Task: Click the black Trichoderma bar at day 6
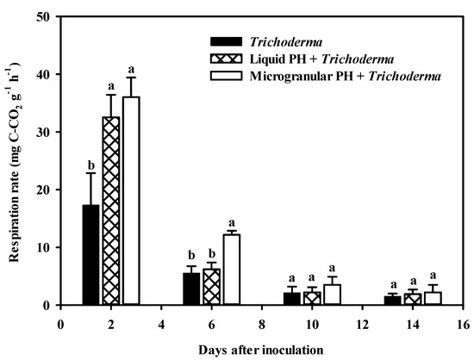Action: [192, 289]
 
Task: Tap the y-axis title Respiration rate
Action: [15, 161]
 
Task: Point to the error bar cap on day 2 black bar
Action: [90, 173]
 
